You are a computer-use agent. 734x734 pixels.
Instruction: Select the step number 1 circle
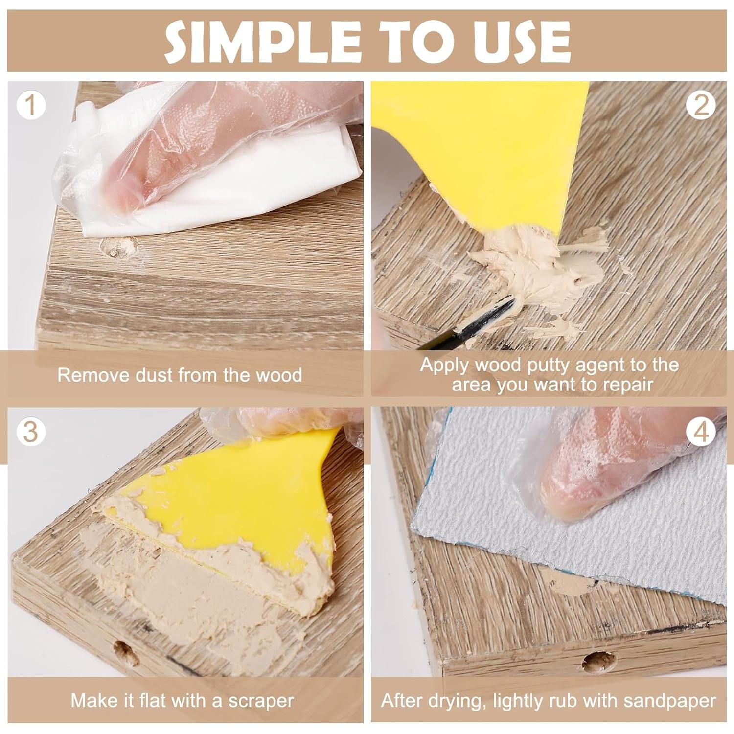pos(31,106)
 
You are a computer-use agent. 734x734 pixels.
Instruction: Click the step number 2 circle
pos(701,106)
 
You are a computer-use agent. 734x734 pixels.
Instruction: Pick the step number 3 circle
pos(31,432)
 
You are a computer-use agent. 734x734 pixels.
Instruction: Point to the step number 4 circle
pos(701,432)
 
